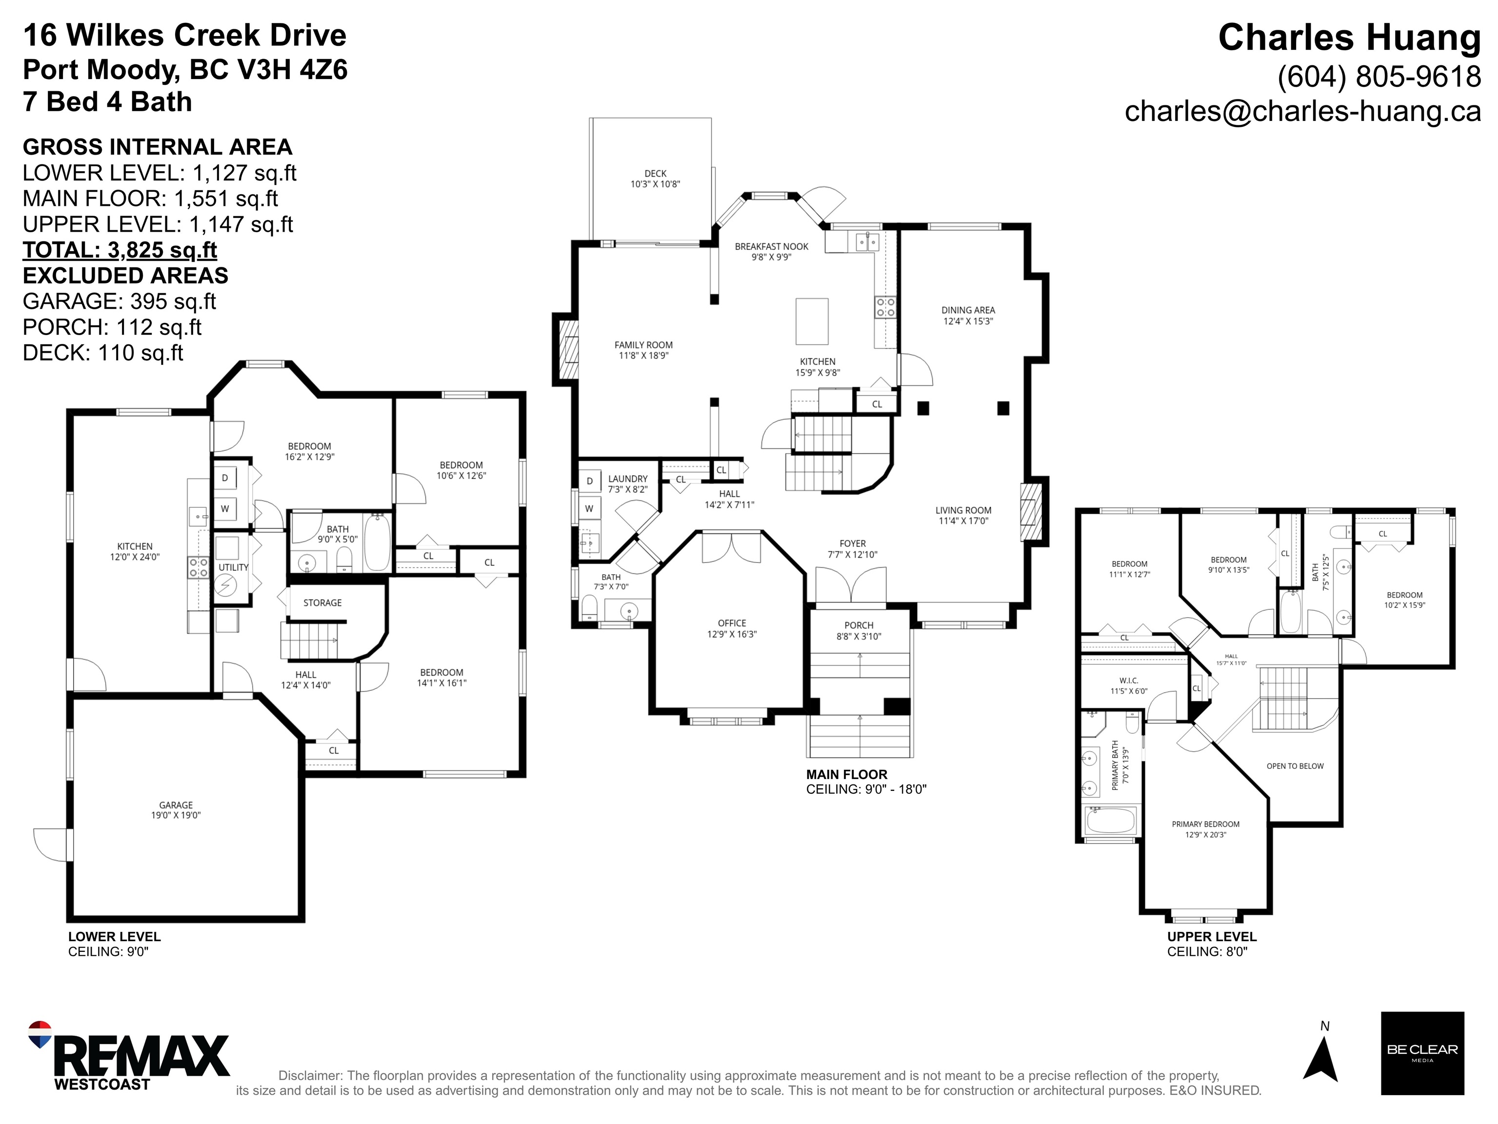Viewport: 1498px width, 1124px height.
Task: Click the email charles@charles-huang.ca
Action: [x=1302, y=111]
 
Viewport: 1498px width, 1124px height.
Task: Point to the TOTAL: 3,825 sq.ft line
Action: [x=120, y=250]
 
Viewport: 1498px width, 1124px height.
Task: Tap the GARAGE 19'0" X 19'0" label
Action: [x=176, y=810]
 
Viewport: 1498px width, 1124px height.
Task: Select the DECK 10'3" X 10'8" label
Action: [x=656, y=179]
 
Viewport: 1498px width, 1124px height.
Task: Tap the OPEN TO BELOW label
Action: [x=1295, y=766]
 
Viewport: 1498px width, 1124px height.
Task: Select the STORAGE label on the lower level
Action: [x=322, y=602]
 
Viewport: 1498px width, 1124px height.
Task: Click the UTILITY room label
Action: [x=234, y=567]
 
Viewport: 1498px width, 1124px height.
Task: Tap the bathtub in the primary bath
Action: [x=1111, y=821]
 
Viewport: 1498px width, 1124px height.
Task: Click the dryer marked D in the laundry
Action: [x=590, y=481]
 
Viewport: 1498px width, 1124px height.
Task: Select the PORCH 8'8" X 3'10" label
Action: [x=859, y=630]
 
